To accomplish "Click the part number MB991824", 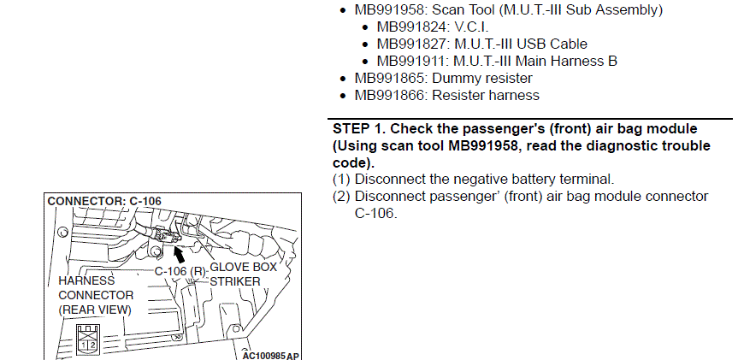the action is [x=410, y=27].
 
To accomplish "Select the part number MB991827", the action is [x=410, y=44].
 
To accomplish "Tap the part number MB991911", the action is [x=410, y=61].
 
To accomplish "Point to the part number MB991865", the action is [x=389, y=78].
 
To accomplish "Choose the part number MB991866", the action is [x=389, y=95].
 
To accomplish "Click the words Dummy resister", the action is [x=482, y=78].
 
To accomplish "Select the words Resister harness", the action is [x=486, y=95].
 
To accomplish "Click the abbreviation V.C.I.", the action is [x=471, y=27].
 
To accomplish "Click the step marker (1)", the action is [x=341, y=180].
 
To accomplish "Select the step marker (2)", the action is [x=341, y=196].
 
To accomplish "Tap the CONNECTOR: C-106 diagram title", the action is [x=104, y=201].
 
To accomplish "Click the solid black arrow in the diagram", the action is [x=180, y=254].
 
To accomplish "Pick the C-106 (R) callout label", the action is [x=180, y=272].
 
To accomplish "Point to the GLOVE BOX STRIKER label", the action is [x=243, y=274].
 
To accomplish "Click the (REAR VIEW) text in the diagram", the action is [x=95, y=310].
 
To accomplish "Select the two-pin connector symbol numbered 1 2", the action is [x=88, y=339].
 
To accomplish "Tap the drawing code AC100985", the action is [x=264, y=355].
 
